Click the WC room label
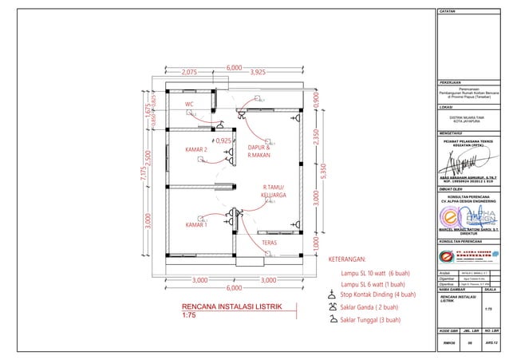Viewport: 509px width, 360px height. (x=189, y=105)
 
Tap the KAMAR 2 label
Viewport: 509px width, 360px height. (x=196, y=149)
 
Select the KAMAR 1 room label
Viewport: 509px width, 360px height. (x=196, y=225)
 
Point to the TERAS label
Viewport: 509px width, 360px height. (x=269, y=242)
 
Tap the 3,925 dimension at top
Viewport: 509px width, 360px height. (x=258, y=72)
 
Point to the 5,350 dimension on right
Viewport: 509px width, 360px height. (x=323, y=170)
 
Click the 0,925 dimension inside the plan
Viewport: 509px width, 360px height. (x=223, y=141)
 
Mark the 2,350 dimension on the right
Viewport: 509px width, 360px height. (x=316, y=136)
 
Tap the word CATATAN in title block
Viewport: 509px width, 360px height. (x=448, y=12)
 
